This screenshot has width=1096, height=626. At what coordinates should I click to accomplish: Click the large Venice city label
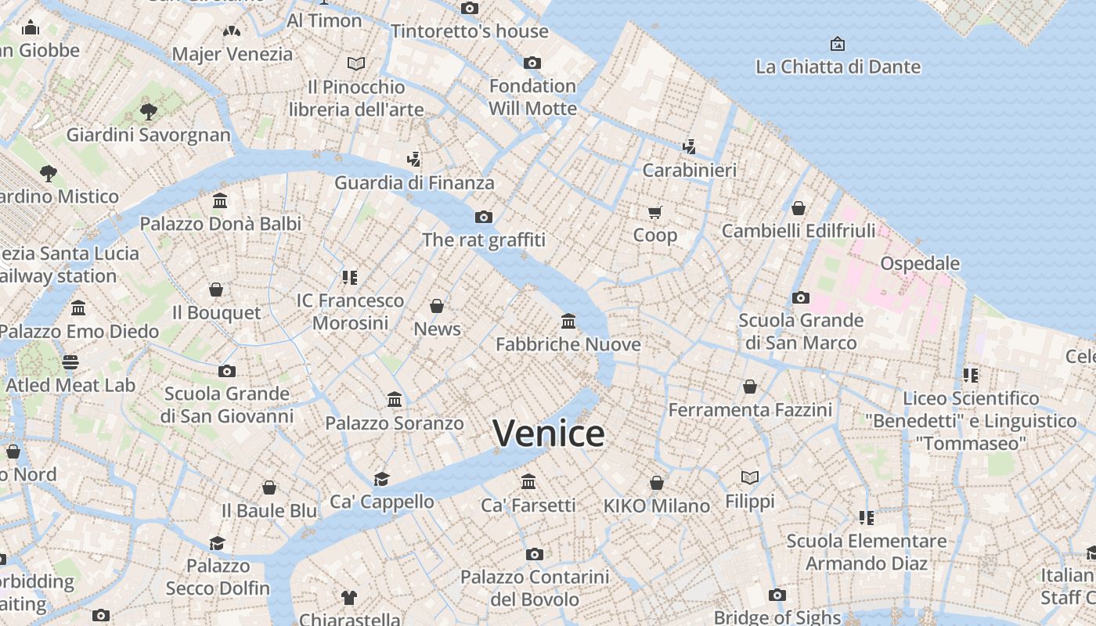(549, 434)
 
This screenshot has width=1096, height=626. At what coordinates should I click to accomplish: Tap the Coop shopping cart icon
(655, 212)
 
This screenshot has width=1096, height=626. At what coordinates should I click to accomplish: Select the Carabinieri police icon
(689, 146)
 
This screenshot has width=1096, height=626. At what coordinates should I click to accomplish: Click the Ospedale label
(920, 264)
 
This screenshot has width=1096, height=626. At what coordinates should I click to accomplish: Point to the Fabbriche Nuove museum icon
(568, 321)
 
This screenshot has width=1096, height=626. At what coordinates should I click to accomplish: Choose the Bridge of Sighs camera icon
(777, 595)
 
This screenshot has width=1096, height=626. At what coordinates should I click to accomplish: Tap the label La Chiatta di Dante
(838, 67)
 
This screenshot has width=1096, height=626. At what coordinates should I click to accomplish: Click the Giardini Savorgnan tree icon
(148, 112)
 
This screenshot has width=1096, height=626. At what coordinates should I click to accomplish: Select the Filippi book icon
(750, 477)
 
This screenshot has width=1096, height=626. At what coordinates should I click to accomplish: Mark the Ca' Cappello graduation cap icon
(381, 478)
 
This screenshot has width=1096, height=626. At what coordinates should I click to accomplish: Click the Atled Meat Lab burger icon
(70, 362)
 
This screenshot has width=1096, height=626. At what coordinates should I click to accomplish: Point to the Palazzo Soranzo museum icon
(395, 400)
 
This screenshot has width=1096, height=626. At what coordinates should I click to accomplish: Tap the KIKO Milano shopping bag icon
(656, 483)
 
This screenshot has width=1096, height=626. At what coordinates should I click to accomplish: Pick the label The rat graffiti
(484, 239)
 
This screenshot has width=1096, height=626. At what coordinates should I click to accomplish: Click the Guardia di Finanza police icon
(414, 160)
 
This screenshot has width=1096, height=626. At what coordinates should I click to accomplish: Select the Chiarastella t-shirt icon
(349, 598)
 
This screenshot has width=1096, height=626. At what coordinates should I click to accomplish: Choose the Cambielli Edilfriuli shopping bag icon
(798, 208)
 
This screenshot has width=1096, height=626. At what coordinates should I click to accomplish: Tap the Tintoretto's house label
(469, 31)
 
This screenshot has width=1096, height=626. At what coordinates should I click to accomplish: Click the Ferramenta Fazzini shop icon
(749, 387)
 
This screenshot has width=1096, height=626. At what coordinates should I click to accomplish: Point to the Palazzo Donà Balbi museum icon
(220, 201)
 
